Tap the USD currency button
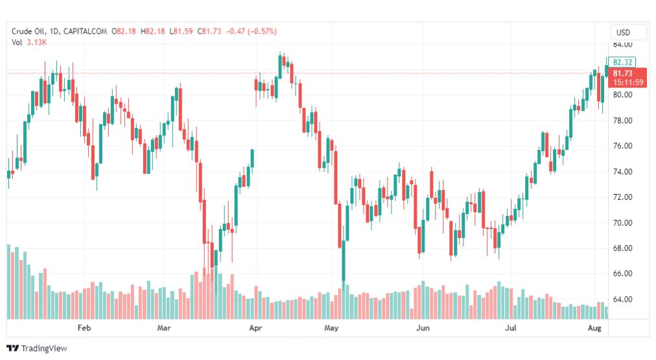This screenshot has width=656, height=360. (x=623, y=32)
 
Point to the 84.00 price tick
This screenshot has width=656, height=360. (x=622, y=44)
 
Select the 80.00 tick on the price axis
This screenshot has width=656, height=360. (x=622, y=95)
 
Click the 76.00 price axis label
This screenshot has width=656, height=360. (x=622, y=146)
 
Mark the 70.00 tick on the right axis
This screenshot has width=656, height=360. (x=622, y=222)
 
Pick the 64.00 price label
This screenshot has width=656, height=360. (x=622, y=299)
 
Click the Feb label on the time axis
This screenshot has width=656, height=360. (x=84, y=328)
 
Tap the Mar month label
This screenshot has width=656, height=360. (x=164, y=328)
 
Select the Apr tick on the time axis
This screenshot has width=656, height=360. (x=255, y=328)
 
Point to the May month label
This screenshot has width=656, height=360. (x=332, y=328)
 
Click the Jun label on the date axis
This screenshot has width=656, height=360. (x=423, y=328)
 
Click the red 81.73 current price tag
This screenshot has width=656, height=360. (x=622, y=74)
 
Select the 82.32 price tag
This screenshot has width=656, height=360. (x=622, y=62)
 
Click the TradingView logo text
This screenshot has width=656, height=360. (x=43, y=348)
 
